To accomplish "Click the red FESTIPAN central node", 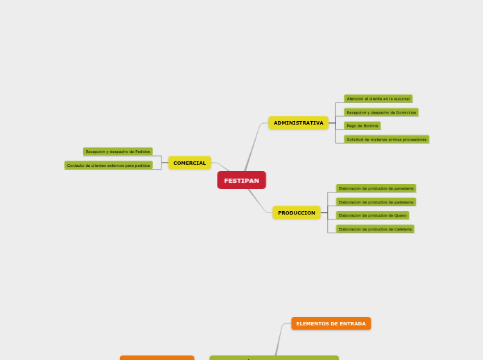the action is click(241, 180).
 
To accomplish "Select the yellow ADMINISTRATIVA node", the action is click(298, 123).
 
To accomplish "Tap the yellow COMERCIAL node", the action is click(189, 163).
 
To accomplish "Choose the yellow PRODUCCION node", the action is click(297, 213).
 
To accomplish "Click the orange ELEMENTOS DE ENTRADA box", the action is click(331, 323).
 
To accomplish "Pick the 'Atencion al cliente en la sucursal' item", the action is click(378, 99).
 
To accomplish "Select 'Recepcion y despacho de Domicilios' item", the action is click(381, 112).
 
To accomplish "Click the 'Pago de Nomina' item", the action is click(362, 126).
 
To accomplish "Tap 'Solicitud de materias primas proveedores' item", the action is click(386, 139).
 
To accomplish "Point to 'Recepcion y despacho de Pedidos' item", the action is click(118, 152).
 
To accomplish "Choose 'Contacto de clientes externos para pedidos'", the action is click(108, 165).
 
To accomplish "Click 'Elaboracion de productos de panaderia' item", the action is click(376, 188).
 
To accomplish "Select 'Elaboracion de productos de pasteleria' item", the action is click(376, 202).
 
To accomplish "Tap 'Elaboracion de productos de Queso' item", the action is click(372, 215).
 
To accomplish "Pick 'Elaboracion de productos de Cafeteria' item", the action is click(375, 228).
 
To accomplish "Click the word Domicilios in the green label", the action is click(405, 112).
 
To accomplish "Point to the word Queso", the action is click(400, 215).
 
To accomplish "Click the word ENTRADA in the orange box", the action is click(352, 323).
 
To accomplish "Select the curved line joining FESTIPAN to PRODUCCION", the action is click(258, 202).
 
